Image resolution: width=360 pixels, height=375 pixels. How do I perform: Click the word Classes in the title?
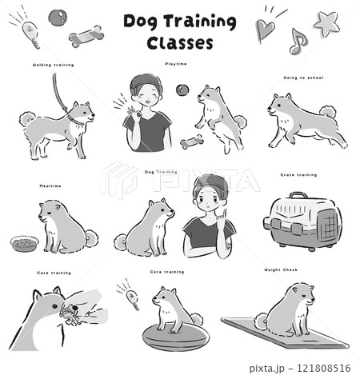click(180, 42)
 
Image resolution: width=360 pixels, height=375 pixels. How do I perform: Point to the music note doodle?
click(298, 41)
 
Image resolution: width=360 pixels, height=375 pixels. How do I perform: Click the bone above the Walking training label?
click(86, 37)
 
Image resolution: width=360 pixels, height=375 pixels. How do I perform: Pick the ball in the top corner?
click(58, 17)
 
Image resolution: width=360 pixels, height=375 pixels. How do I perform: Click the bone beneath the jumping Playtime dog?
click(191, 143)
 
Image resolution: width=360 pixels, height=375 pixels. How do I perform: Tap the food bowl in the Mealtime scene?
click(24, 241)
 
